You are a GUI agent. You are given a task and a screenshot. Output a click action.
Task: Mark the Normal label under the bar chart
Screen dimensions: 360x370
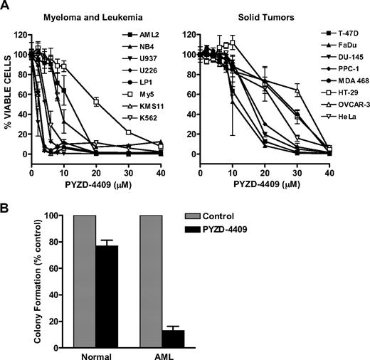tap(94, 355)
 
